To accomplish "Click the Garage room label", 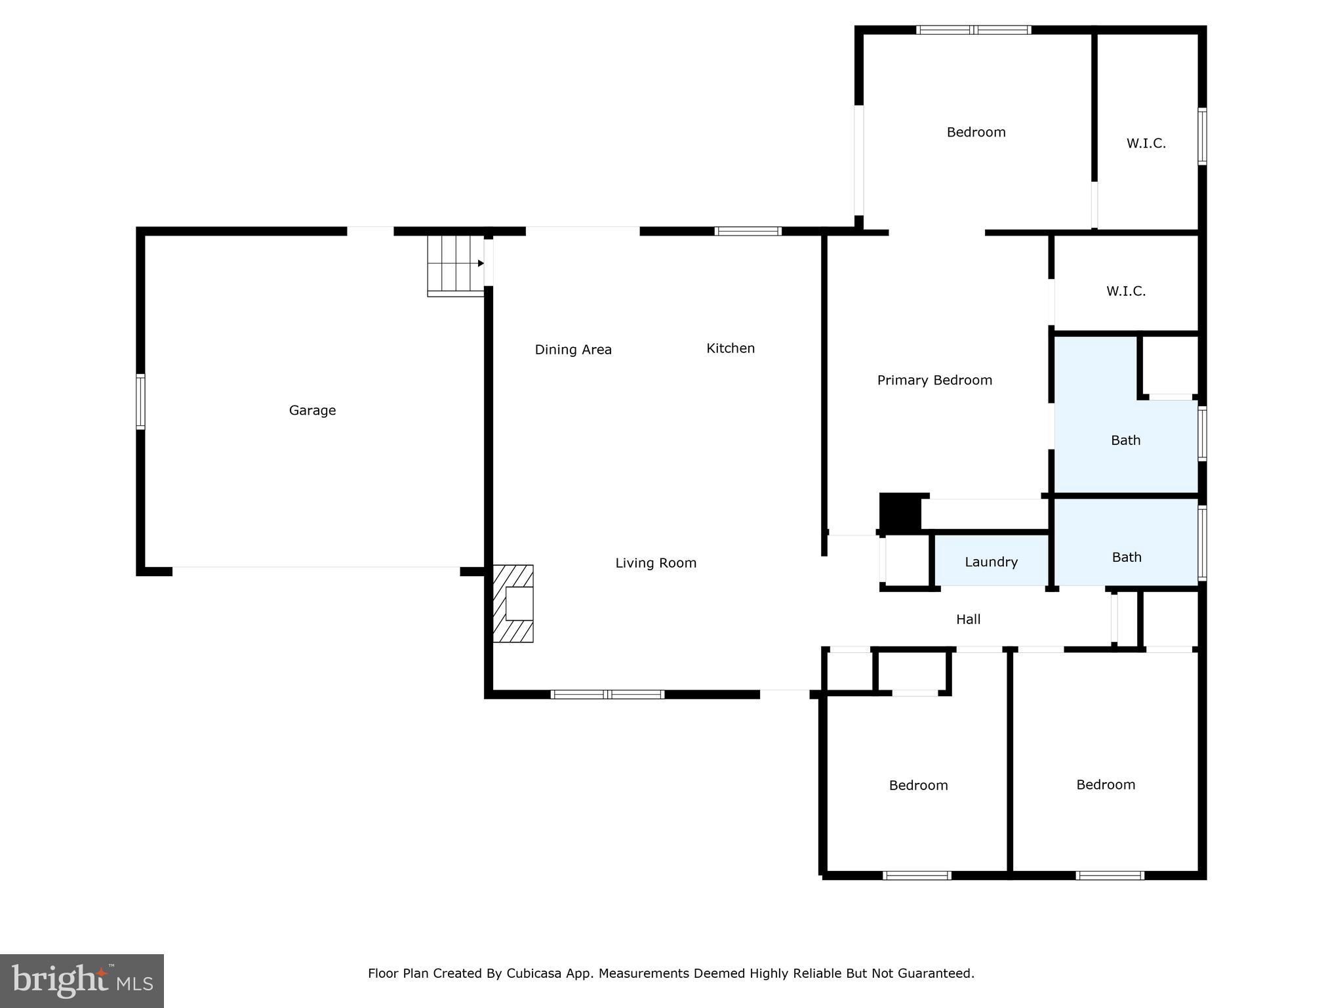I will pos(312,411).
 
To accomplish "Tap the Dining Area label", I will pos(573,350).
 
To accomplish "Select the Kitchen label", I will pos(731,348).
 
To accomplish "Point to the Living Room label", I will pos(656,563).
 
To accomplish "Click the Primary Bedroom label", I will pos(934,381).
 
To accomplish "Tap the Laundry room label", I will pos(991,562).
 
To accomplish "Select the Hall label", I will pos(968,619).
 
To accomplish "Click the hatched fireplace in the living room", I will pos(513,604).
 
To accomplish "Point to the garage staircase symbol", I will pos(456,266).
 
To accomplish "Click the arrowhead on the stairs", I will pos(481,263).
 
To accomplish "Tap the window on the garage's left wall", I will pos(140,402).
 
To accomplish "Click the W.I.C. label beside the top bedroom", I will pos(1146,144).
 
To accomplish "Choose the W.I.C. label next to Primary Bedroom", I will pos(1126,291).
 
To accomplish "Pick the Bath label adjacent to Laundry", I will pos(1127,558).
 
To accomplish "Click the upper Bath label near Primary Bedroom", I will pos(1125,441).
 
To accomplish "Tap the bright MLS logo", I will pos(82,981).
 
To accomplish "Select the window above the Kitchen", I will pos(748,231).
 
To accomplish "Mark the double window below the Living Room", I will pos(607,694).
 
